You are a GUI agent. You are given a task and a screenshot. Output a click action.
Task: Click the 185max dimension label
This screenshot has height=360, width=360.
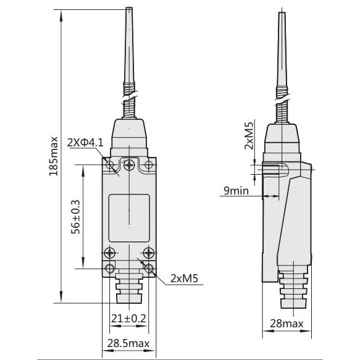click(x=53, y=156)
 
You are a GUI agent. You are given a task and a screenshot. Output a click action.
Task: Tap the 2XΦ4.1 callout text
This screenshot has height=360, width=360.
click(x=85, y=143)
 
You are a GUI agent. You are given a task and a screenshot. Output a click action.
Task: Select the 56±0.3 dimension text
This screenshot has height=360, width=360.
click(x=75, y=217)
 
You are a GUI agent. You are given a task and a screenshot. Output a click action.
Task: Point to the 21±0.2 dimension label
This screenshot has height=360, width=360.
click(x=128, y=319)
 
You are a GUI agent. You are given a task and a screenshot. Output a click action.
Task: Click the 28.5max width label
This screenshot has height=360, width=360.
click(x=128, y=343)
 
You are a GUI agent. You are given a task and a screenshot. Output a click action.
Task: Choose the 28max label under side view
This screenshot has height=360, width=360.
click(x=287, y=324)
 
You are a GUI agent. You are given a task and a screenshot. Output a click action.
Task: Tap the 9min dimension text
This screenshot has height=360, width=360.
click(x=236, y=191)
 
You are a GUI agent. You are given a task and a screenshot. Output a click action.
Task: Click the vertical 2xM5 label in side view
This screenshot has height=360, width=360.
click(x=249, y=136)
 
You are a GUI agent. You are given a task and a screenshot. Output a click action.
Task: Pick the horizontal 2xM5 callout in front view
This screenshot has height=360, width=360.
click(x=184, y=278)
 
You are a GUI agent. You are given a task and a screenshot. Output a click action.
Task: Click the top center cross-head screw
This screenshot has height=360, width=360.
click(x=129, y=165)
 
